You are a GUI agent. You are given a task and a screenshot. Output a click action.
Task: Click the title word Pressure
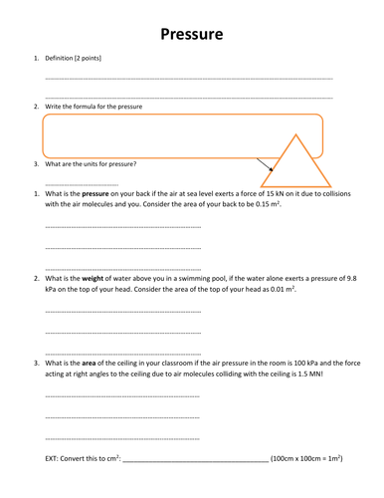(x=192, y=35)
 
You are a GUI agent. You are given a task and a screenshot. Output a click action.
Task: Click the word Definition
(x=65, y=60)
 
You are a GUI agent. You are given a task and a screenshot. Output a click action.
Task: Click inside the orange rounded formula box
(x=149, y=134)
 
